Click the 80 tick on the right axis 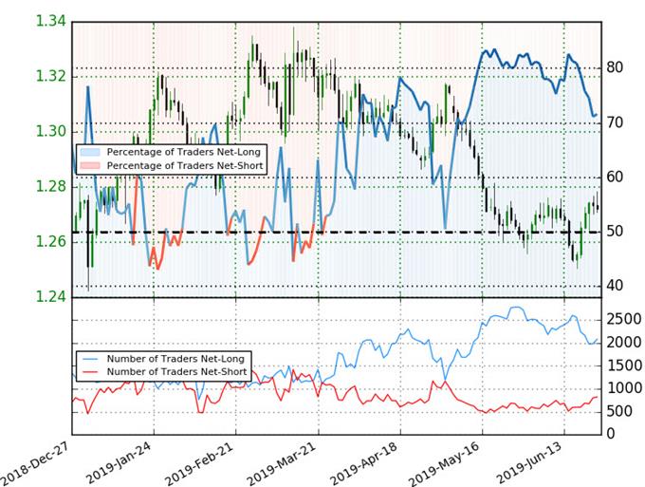[x=614, y=68]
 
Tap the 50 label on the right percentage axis [x=614, y=232]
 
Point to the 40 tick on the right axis [x=614, y=286]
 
